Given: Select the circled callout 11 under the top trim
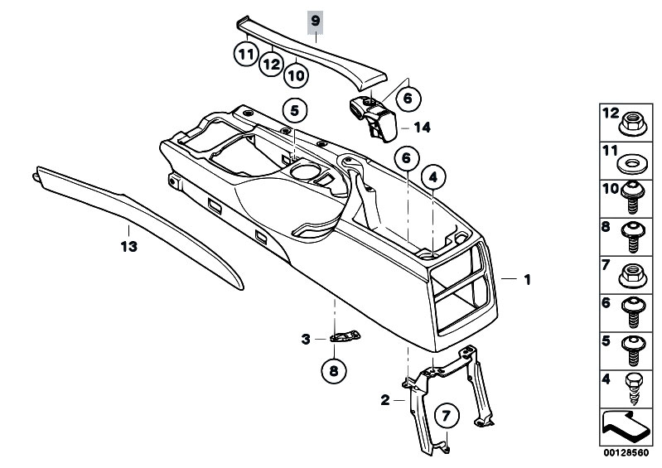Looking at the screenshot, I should click(x=244, y=54).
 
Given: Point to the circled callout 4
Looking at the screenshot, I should click(x=432, y=176).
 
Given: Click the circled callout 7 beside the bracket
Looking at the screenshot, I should click(x=445, y=414).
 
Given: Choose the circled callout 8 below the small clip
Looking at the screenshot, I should click(x=334, y=372).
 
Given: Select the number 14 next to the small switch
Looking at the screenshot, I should click(x=423, y=128).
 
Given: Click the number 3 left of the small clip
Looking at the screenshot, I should click(x=305, y=338).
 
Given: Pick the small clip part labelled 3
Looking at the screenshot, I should click(x=347, y=336).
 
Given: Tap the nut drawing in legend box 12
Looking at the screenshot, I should click(x=633, y=122).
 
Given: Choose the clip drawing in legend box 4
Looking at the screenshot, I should click(x=633, y=386).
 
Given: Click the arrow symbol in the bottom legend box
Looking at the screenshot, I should click(x=626, y=428).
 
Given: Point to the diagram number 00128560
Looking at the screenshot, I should click(x=625, y=454).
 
